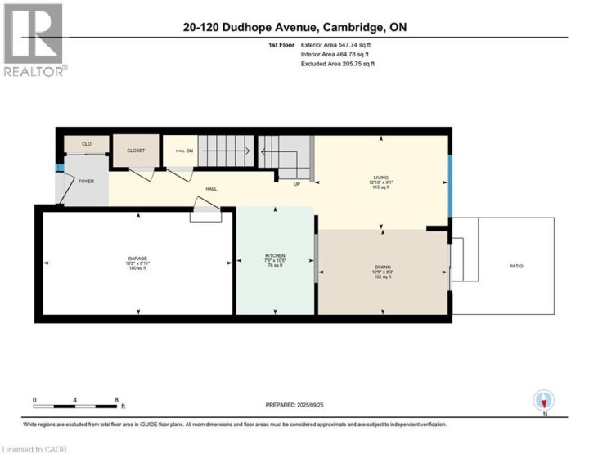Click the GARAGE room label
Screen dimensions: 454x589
(137, 258)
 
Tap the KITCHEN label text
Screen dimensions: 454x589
(274, 255)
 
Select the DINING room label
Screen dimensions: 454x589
(383, 267)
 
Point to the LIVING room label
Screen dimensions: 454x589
(380, 177)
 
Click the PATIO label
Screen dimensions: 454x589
(516, 266)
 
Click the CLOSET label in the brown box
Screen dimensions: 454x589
(136, 151)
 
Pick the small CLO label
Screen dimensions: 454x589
(88, 144)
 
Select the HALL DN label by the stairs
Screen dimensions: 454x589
(184, 151)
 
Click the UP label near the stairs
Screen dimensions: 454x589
(298, 184)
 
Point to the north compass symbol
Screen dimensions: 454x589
(544, 401)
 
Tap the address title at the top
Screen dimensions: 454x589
(295, 27)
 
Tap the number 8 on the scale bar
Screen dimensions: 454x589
(117, 399)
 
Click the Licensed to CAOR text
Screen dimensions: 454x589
(34, 448)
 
